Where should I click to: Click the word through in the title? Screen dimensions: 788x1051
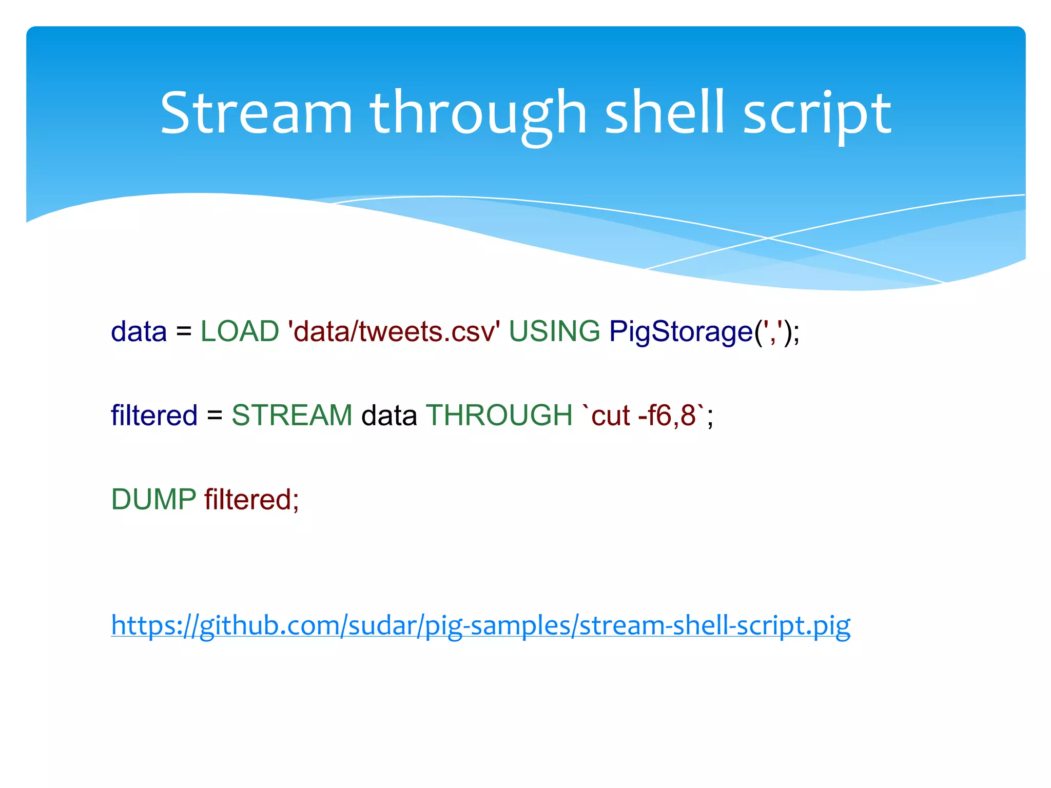pos(478,115)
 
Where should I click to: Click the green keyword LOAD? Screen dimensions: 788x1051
pos(240,331)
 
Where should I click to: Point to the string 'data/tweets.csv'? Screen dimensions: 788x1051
pos(394,331)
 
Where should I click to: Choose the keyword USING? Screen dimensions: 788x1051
pos(554,331)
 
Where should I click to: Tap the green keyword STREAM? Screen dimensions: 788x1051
pos(292,415)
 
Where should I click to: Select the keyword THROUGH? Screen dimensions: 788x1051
pos(499,415)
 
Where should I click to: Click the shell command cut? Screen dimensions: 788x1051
pos(611,416)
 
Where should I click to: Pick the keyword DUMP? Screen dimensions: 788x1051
pos(153,499)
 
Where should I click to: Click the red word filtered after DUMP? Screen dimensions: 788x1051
pos(248,499)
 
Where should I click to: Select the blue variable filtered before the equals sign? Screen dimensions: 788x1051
pos(154,415)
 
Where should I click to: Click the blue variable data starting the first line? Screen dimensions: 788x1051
pos(139,331)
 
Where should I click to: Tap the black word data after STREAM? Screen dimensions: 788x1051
pos(389,415)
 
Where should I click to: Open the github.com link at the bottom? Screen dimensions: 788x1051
pos(480,626)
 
